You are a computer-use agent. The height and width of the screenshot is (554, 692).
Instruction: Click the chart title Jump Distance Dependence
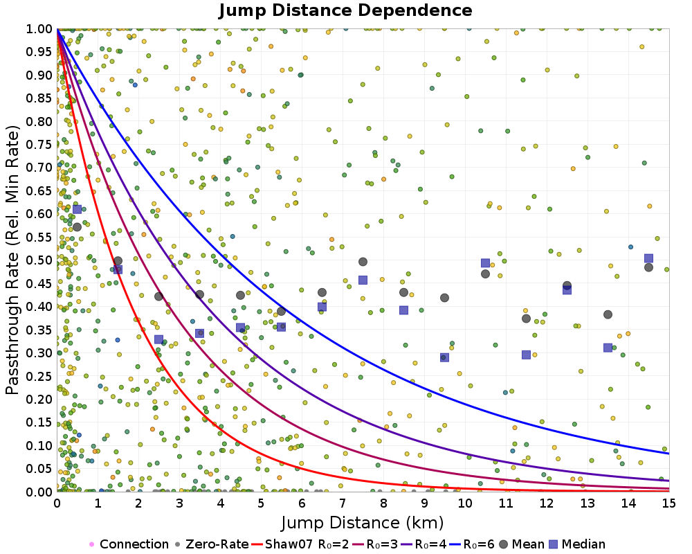click(345, 11)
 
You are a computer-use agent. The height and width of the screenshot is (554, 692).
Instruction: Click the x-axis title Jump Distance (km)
click(362, 521)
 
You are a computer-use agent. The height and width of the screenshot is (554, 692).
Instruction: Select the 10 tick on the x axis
click(465, 504)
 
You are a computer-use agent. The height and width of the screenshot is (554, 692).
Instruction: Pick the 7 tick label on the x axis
click(343, 504)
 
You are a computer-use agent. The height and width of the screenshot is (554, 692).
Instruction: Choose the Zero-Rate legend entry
click(217, 544)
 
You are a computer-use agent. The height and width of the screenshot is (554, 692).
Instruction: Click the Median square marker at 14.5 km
click(648, 258)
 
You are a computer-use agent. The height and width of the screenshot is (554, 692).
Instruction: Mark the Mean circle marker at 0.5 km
click(77, 226)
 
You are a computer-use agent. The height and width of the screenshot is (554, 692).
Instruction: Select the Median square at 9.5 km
click(444, 357)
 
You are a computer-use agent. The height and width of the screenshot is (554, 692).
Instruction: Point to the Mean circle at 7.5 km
click(363, 262)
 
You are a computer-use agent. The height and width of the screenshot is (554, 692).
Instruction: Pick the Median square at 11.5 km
click(526, 355)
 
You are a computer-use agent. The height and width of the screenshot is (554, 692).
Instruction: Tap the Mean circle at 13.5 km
click(608, 314)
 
